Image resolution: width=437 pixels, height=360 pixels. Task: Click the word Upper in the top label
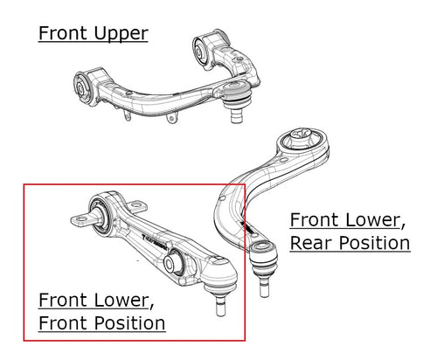click(121, 34)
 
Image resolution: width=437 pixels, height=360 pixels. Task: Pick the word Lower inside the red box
click(121, 300)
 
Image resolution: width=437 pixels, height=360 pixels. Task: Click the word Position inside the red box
click(130, 323)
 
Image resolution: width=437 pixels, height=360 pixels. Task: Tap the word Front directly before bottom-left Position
click(64, 323)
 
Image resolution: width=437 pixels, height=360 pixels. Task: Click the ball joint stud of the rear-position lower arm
click(264, 287)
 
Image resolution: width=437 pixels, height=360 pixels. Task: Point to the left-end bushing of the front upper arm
click(81, 87)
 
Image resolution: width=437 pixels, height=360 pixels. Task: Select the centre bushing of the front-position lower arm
click(172, 263)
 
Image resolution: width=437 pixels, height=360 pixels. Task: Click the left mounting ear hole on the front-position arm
click(81, 218)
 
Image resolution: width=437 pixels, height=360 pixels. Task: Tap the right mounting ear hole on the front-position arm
click(136, 205)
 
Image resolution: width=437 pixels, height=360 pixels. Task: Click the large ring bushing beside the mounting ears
click(99, 213)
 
